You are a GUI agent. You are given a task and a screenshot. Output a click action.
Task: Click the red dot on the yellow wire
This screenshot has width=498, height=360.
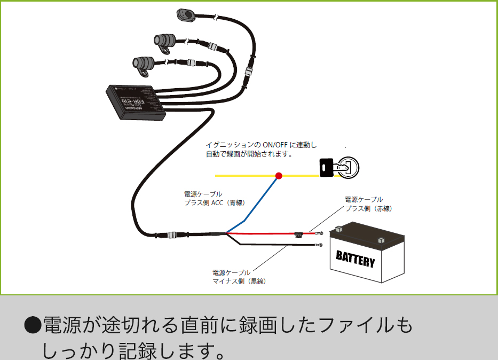278,175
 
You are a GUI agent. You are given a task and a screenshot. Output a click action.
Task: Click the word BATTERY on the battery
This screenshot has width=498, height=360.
355,260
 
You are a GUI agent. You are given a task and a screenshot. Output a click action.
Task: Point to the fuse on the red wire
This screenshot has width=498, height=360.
300,233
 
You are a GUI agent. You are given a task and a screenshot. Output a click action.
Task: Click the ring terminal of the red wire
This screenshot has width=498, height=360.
320,233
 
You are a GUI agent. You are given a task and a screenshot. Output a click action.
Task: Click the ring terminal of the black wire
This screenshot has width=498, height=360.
319,245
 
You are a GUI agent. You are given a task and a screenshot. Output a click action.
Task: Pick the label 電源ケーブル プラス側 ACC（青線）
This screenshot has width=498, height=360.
214,198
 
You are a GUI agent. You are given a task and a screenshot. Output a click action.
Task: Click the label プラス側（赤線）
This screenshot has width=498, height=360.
368,209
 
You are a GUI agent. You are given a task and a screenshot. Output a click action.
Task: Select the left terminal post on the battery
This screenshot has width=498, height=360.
338,230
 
